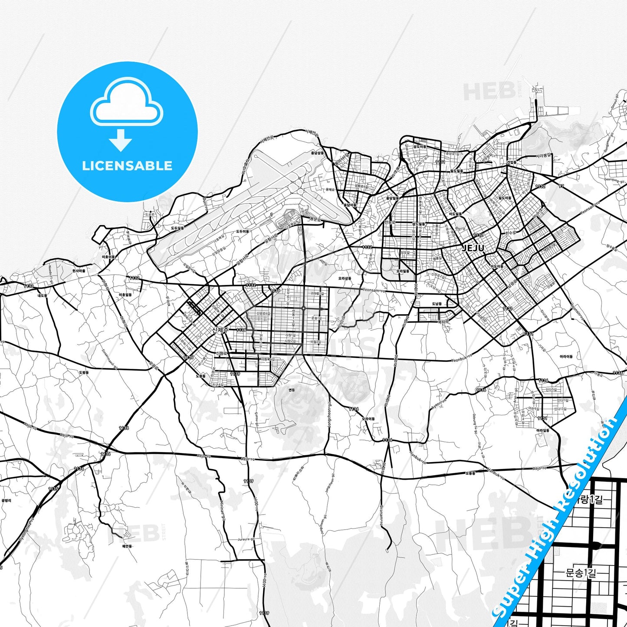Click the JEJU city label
pyautogui.click(x=473, y=248)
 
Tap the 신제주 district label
pyautogui.click(x=220, y=330)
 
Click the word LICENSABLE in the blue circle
pyautogui.click(x=127, y=166)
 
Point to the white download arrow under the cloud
pyautogui.click(x=121, y=140)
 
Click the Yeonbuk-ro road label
pyautogui.click(x=461, y=360)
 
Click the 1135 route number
pyautogui.click(x=53, y=489)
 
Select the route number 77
pyautogui.click(x=561, y=186)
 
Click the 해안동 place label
pyautogui.click(x=127, y=546)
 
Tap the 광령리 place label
pyautogui.click(x=6, y=500)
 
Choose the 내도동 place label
pyautogui.click(x=42, y=296)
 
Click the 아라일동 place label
pyautogui.click(x=543, y=430)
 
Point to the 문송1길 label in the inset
pyautogui.click(x=581, y=573)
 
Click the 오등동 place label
pyautogui.click(x=470, y=473)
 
